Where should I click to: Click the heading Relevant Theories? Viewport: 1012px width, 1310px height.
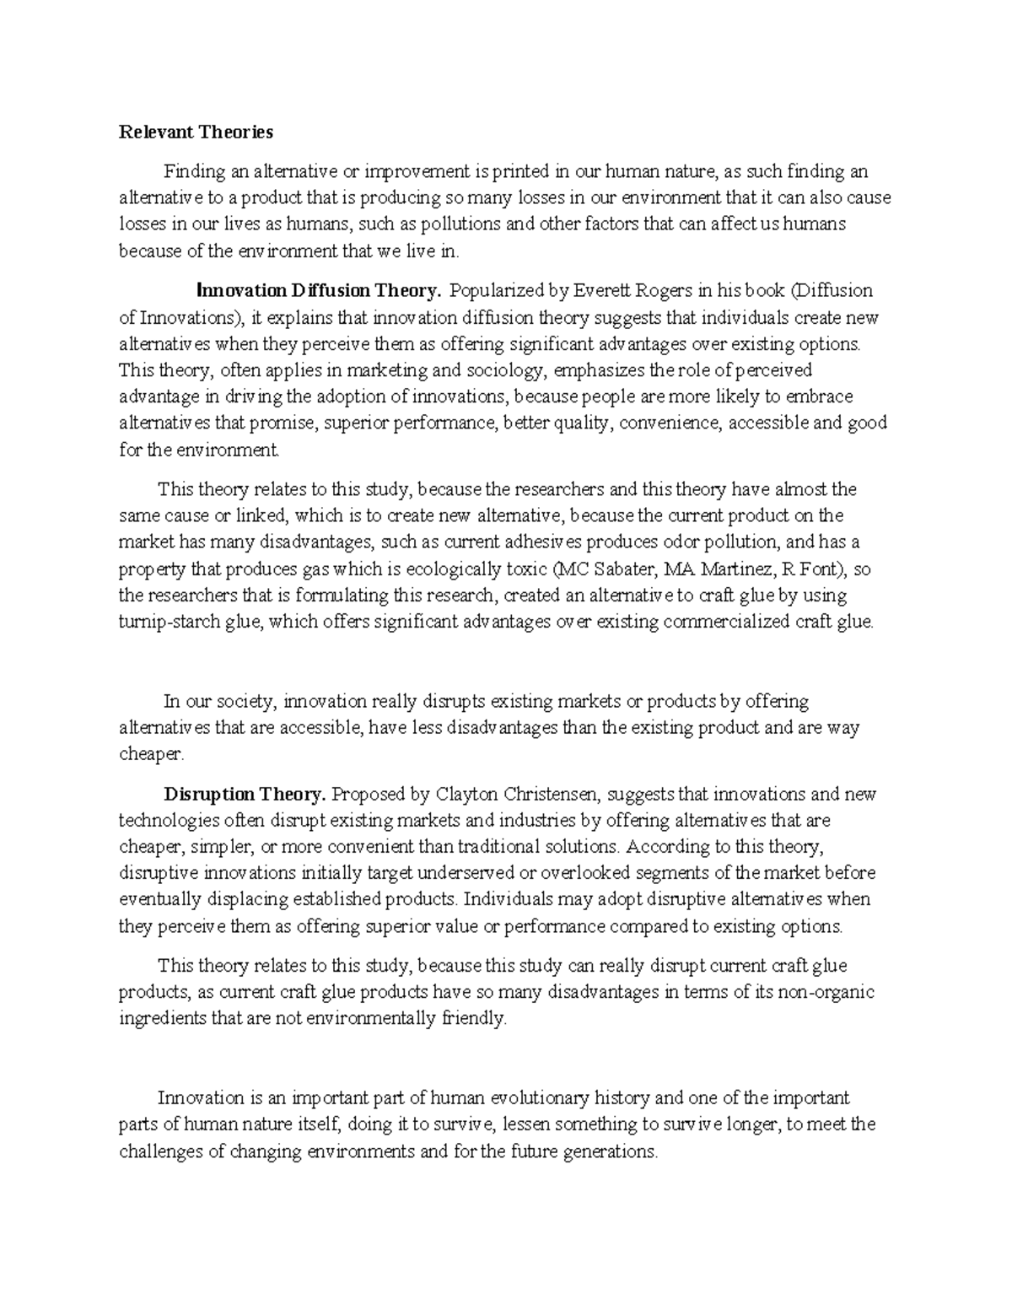point(196,132)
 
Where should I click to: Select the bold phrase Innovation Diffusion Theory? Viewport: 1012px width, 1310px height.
point(319,292)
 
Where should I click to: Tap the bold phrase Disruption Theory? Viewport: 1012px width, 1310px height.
point(245,795)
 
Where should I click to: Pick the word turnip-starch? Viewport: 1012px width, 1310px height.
point(167,623)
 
